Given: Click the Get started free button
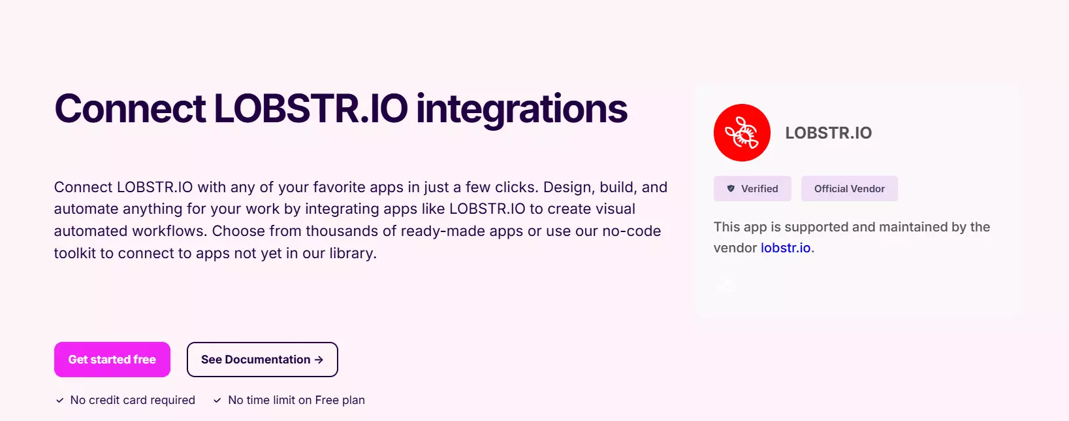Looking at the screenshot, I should pyautogui.click(x=112, y=360).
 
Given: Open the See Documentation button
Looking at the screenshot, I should pyautogui.click(x=262, y=360).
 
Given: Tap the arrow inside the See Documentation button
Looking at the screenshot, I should pyautogui.click(x=319, y=360).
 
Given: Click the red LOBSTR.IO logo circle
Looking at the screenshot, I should pyautogui.click(x=742, y=133).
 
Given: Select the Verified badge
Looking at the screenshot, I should pyautogui.click(x=752, y=189).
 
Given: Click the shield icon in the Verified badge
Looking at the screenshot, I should pyautogui.click(x=731, y=189).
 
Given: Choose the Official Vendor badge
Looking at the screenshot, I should pyautogui.click(x=849, y=189).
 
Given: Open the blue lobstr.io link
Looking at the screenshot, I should pyautogui.click(x=786, y=248).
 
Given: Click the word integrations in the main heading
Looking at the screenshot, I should pyautogui.click(x=521, y=109).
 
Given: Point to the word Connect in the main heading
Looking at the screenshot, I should pyautogui.click(x=130, y=109).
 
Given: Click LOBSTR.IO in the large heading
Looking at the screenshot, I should pyautogui.click(x=311, y=109).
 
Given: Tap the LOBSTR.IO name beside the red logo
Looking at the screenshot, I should pyautogui.click(x=828, y=133).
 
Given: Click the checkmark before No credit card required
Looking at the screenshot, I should pyautogui.click(x=60, y=400).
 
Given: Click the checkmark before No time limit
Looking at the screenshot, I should pyautogui.click(x=217, y=400).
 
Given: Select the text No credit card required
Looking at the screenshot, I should pyautogui.click(x=133, y=400).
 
